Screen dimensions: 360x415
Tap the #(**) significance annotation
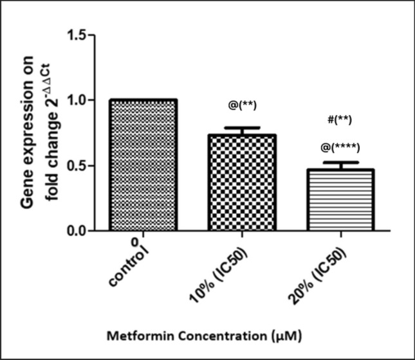pyautogui.click(x=339, y=119)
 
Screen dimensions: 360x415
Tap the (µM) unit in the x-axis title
pyautogui.click(x=282, y=335)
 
